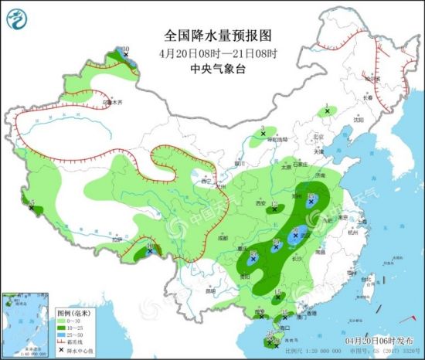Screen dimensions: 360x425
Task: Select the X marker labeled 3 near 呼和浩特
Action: (262, 134)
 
